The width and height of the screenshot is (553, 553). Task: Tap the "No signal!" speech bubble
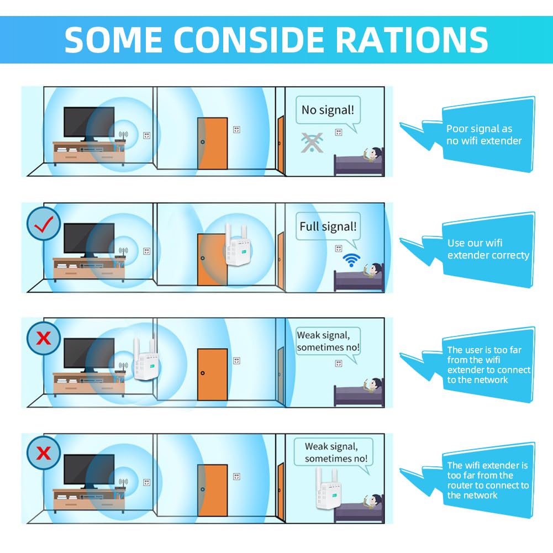[x=328, y=110]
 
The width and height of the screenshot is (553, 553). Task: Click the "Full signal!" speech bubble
[x=328, y=226]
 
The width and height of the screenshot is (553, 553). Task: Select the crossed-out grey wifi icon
[x=312, y=143]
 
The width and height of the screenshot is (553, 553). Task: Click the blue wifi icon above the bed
[x=351, y=260]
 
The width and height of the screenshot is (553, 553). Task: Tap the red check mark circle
[x=44, y=224]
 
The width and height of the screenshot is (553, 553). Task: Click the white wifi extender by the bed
[x=328, y=488]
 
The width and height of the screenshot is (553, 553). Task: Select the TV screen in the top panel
[x=89, y=122]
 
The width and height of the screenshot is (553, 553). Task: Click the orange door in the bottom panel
[x=212, y=490]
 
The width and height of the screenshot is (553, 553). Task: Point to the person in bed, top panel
[x=373, y=155]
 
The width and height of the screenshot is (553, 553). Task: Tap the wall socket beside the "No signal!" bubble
[x=339, y=132]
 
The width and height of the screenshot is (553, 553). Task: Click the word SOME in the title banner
[x=113, y=40]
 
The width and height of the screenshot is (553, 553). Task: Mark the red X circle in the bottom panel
[x=44, y=453]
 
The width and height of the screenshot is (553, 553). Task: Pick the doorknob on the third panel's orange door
[x=202, y=373]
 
